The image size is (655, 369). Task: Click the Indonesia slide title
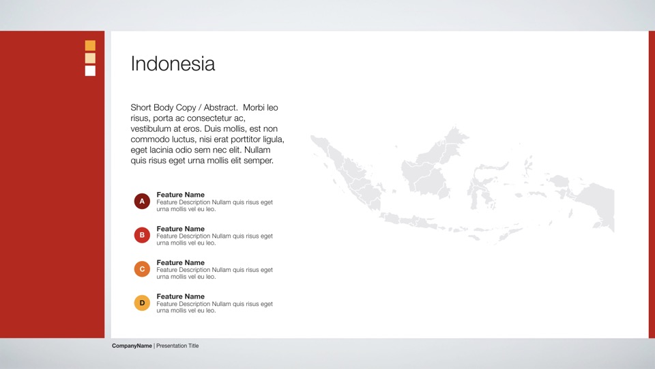click(x=173, y=64)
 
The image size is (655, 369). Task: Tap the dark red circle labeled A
click(x=142, y=201)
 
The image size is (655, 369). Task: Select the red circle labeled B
click(x=142, y=235)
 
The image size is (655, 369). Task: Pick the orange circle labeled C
click(x=142, y=269)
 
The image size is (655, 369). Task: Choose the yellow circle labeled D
click(x=142, y=303)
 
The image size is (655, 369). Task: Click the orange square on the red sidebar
click(x=90, y=45)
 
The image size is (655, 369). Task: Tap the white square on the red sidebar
click(x=90, y=70)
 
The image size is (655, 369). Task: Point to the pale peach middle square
click(x=90, y=58)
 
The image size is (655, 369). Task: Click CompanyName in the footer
click(x=132, y=346)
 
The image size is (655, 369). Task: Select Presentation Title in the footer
click(x=177, y=346)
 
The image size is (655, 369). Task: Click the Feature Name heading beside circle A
click(x=180, y=195)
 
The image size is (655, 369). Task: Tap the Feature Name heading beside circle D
click(x=180, y=296)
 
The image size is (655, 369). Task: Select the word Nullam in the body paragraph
click(x=257, y=150)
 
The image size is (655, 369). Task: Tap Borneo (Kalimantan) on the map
click(x=431, y=167)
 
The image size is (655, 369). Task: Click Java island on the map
click(x=418, y=221)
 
